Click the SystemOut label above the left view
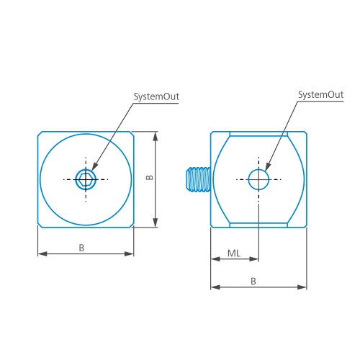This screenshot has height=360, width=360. (x=156, y=96)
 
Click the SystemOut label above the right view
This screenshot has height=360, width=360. (x=320, y=95)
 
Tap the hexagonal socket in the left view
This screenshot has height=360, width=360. (x=86, y=179)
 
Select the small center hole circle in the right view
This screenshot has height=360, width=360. (x=258, y=169)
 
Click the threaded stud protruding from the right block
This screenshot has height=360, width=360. (x=199, y=180)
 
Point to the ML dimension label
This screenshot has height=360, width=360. (x=234, y=253)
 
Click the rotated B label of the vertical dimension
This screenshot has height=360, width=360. (x=150, y=177)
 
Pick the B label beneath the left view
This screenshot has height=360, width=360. (x=81, y=248)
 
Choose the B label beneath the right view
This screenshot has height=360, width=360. (x=253, y=281)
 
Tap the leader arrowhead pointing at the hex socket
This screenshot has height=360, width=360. (x=95, y=166)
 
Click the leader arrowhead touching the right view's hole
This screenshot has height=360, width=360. (x=268, y=166)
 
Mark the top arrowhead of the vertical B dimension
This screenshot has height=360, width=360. (x=156, y=136)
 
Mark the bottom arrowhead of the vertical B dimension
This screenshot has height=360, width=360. (x=156, y=222)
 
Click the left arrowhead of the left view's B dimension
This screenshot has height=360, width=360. (x=42, y=253)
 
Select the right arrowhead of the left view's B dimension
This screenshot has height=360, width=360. (x=129, y=253)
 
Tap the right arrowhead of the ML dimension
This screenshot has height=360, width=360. (x=254, y=259)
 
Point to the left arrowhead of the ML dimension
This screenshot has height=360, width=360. (x=215, y=259)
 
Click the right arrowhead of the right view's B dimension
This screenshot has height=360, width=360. (x=302, y=287)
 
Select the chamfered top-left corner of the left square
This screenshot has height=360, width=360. (x=40, y=134)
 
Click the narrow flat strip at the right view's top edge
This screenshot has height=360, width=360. (x=258, y=134)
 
